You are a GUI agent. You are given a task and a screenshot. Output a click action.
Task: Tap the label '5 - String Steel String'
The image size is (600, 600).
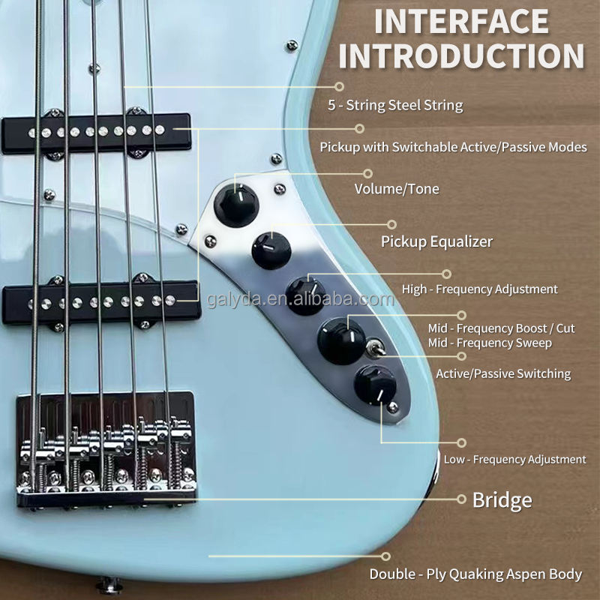[395, 106]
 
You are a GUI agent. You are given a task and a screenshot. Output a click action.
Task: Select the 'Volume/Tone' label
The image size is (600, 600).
[397, 189]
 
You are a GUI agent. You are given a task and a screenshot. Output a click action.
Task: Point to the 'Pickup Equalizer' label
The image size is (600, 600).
[437, 241]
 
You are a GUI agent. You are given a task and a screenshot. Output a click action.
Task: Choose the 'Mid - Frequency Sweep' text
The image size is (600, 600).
[489, 343]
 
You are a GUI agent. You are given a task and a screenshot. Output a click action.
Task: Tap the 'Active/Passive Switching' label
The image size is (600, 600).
[503, 373]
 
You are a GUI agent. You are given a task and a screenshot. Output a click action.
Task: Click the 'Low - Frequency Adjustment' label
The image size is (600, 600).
[514, 459]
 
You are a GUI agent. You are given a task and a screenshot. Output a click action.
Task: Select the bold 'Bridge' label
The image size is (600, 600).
[502, 500]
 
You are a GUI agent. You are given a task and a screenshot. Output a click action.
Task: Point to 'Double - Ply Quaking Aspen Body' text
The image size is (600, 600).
[475, 574]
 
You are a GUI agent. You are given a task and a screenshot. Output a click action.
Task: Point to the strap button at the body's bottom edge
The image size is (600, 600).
[107, 583]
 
